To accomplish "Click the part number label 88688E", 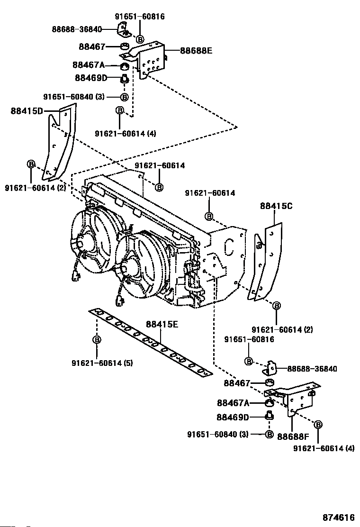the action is point(196,51).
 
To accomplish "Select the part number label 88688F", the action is point(293,436).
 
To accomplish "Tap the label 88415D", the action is point(27,110).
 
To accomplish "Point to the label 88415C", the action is point(276,206).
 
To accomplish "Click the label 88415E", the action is point(162,324).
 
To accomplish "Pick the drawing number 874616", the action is point(339,517).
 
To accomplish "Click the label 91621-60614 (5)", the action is point(102,363).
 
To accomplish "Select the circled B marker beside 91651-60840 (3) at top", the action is point(124,97).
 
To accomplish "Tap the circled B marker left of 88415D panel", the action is point(31,164).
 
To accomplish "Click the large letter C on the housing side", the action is point(229,247).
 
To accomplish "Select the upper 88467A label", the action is point(89,64).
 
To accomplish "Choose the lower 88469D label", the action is point(233,417).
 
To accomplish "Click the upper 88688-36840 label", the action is point(77,29).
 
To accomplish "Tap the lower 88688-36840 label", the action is point(312,369).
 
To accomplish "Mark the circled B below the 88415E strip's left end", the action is point(97,340).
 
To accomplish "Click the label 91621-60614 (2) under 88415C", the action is point(282,329).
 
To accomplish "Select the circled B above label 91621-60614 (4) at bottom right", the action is point(318,425).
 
